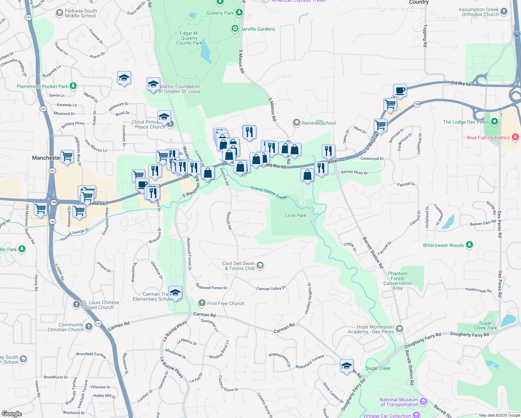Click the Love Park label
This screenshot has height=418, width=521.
tap(296, 215)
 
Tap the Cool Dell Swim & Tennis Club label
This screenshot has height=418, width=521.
tap(239, 266)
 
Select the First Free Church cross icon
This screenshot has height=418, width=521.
tap(202, 303)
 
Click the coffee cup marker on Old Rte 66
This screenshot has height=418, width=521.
tap(400, 91)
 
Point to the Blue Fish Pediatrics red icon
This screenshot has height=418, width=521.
tap(515, 137)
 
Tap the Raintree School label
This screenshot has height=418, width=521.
tap(319, 123)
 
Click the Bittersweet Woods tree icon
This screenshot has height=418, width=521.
tap(469, 245)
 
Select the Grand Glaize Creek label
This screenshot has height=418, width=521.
tap(269, 193)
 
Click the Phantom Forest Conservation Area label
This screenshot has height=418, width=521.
tap(398, 281)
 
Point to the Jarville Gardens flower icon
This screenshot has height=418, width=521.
tap(235, 29)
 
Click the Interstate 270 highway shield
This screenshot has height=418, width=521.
tap(517, 34)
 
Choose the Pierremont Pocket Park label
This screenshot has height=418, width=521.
tap(42, 86)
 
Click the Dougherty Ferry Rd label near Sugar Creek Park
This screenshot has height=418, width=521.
tap(469, 334)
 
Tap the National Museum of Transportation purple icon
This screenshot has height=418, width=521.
tap(423, 402)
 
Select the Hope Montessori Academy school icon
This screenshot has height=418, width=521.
tap(399, 328)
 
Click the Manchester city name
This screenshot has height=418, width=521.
tap(46, 158)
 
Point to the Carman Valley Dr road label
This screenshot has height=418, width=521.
tap(271, 288)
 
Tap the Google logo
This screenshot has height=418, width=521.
tap(12, 413)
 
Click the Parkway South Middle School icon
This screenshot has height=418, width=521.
tap(59, 13)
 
